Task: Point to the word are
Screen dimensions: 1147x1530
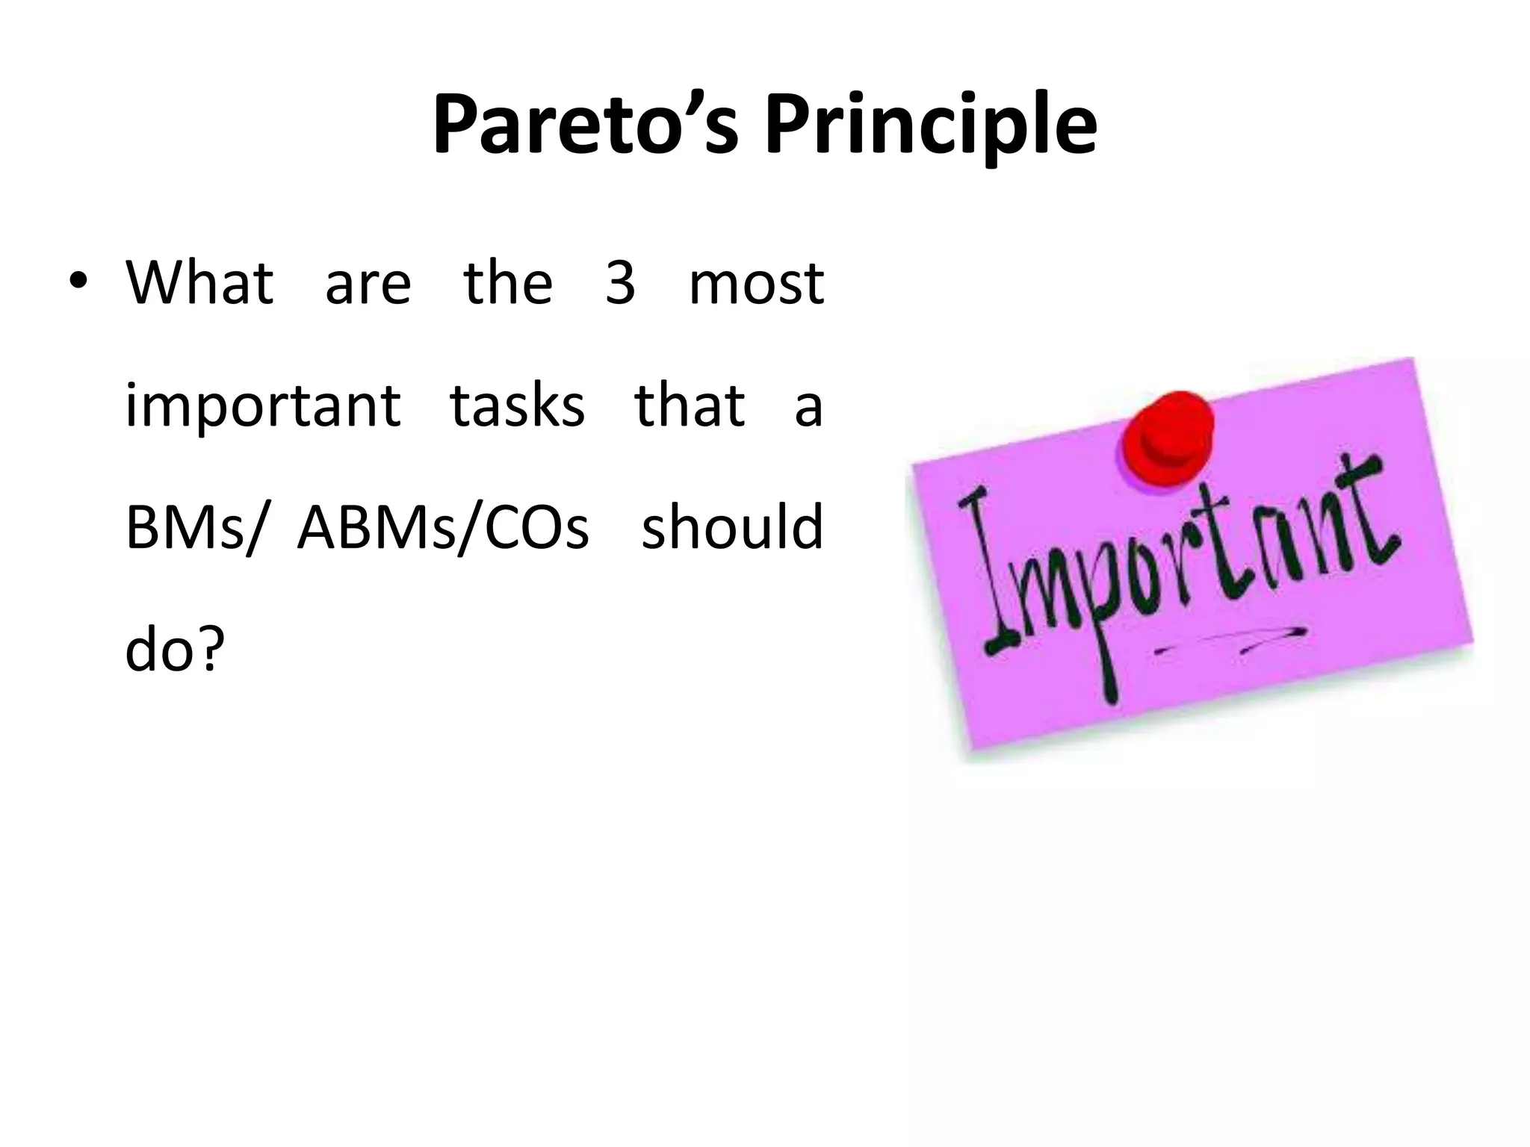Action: click(x=368, y=285)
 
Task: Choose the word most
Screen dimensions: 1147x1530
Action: click(x=756, y=285)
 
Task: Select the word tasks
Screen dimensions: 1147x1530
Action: click(x=517, y=405)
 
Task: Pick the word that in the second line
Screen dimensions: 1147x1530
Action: click(x=689, y=405)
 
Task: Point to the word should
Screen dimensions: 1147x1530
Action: click(x=732, y=526)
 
